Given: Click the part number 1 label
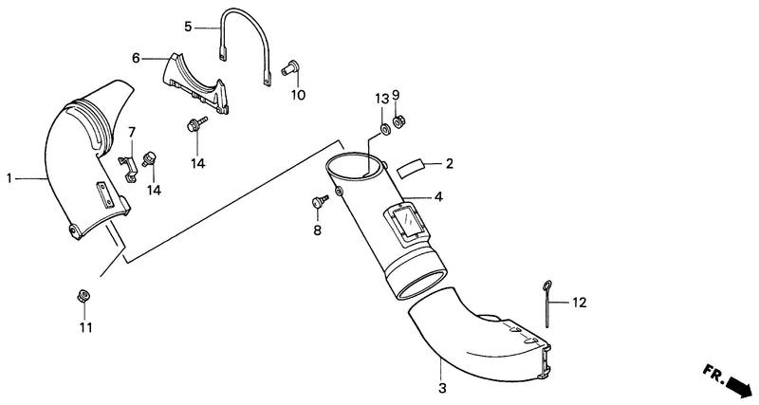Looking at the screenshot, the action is tap(9, 179).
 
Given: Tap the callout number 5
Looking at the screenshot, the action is tap(188, 27).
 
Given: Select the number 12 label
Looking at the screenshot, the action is tap(579, 303).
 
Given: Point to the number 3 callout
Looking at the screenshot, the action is tap(442, 388).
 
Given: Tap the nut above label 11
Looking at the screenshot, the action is tap(84, 296).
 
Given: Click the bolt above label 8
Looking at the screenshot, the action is tap(320, 201).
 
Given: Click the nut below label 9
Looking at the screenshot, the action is tap(398, 121).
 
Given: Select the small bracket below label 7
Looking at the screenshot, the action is tap(128, 168).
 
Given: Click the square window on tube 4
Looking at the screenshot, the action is tap(405, 221).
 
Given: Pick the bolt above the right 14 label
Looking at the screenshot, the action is tap(195, 123).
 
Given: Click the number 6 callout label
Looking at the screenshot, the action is tap(136, 59).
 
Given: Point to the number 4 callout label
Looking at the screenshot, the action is tap(437, 196).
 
